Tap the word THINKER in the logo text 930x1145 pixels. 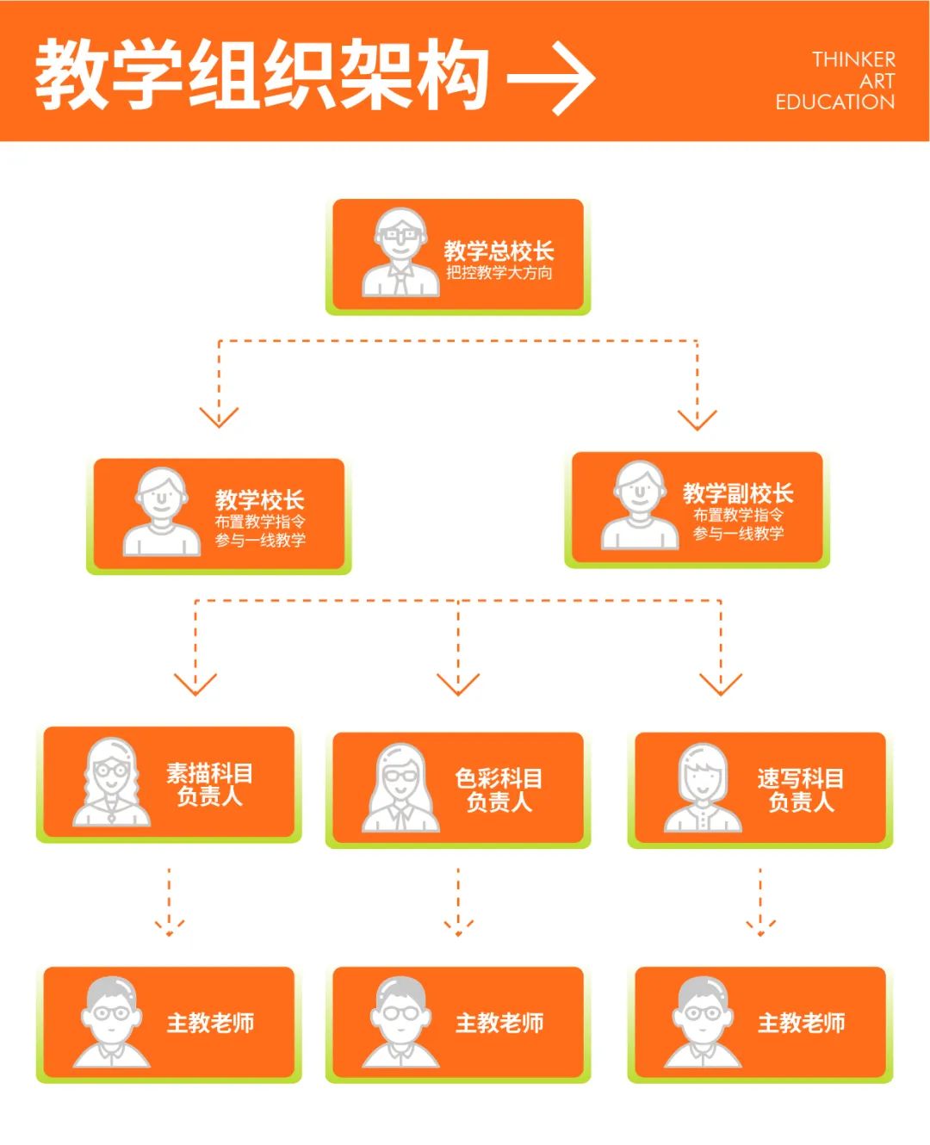point(852,59)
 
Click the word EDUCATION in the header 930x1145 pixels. point(834,102)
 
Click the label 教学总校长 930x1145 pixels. point(499,251)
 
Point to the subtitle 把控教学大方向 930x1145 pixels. point(499,273)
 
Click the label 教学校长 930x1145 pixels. point(259,499)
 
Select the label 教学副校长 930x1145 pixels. point(738,493)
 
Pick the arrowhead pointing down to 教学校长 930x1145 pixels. point(219,417)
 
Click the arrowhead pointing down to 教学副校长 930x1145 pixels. point(697,419)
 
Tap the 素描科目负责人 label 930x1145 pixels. point(209,784)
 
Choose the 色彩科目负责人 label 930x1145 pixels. point(499,790)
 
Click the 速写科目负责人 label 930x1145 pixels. point(801,790)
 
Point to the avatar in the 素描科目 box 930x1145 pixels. point(111,783)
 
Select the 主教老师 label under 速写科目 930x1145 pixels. point(801,1023)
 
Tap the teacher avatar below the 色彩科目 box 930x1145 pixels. point(400,1022)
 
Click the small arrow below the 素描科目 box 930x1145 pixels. point(169,927)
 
